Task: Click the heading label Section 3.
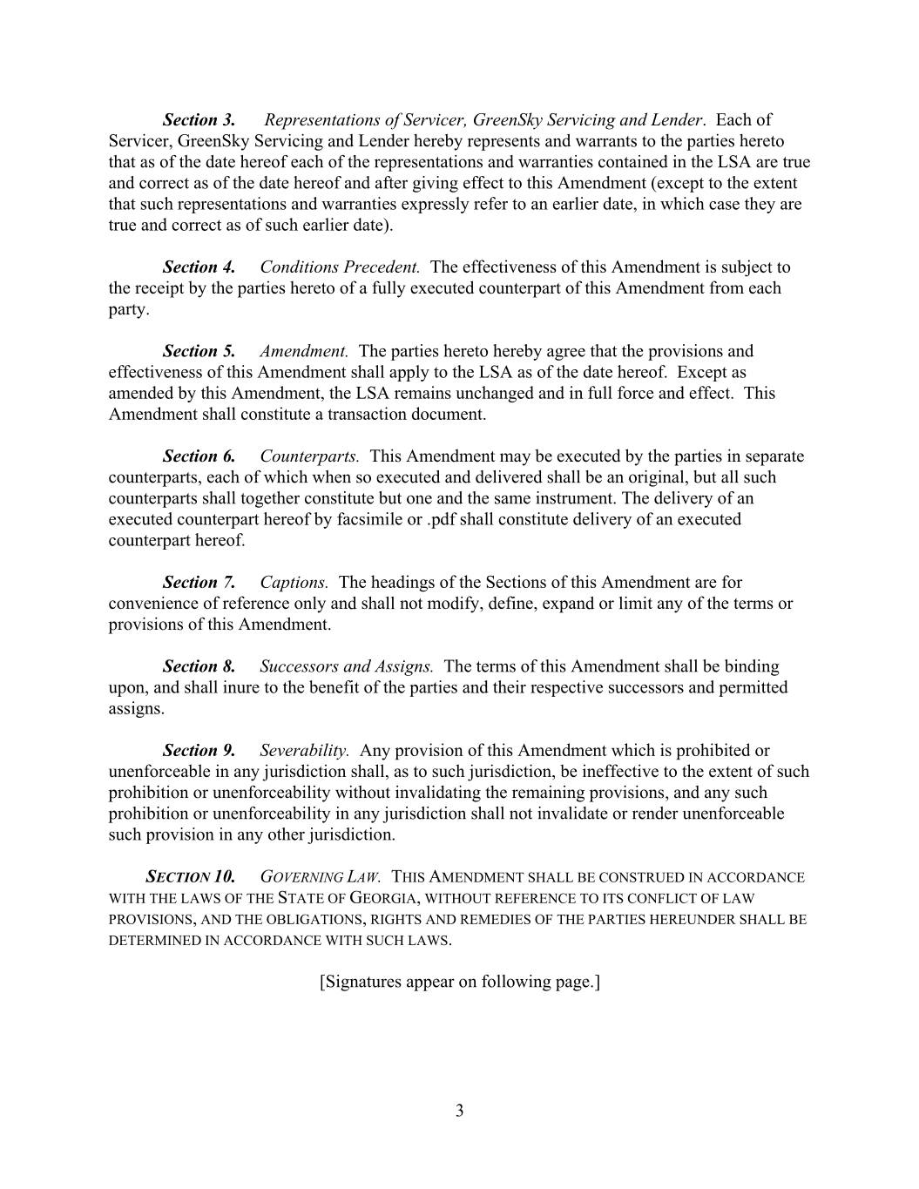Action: tap(199, 120)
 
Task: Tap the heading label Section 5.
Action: tap(199, 352)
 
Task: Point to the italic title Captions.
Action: tap(294, 583)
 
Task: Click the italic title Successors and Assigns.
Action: tap(347, 667)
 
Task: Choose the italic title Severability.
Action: tap(305, 751)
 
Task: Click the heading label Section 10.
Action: tap(190, 877)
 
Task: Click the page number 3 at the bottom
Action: tap(459, 1111)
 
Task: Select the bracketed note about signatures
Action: tap(459, 983)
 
